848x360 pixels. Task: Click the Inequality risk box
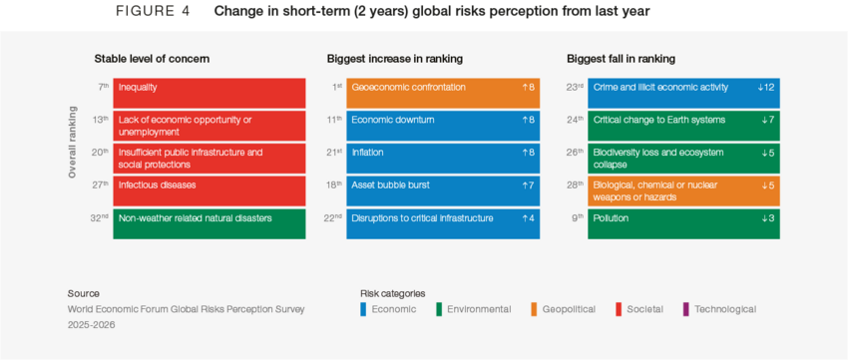[x=210, y=93]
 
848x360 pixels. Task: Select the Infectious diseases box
[x=210, y=190]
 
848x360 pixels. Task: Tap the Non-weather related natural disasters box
[x=210, y=223]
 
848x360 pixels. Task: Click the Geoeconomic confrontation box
[x=443, y=93]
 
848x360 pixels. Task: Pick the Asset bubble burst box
[x=443, y=190]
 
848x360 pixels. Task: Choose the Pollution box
[x=683, y=223]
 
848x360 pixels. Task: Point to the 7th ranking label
[x=103, y=87]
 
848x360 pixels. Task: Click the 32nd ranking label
[x=100, y=218]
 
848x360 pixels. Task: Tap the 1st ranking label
[x=336, y=87]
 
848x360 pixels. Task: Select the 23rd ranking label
[x=575, y=87]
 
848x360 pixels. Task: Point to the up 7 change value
[x=528, y=185]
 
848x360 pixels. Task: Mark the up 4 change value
[x=528, y=218]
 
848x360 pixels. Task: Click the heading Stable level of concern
[x=152, y=59]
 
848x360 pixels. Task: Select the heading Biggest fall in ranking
[x=621, y=59]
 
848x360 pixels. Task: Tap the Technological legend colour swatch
[x=686, y=310]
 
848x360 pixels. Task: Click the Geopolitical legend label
[x=569, y=310]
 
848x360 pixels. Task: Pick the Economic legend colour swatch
[x=364, y=310]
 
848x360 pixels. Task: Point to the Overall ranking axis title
[x=72, y=143]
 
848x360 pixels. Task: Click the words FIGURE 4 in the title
[x=153, y=12]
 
